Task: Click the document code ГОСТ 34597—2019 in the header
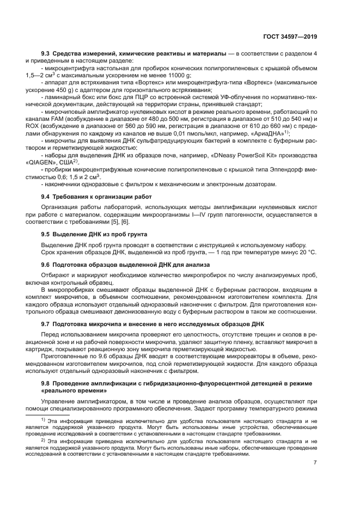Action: click(x=291, y=37)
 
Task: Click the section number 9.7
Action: click(x=47, y=324)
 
